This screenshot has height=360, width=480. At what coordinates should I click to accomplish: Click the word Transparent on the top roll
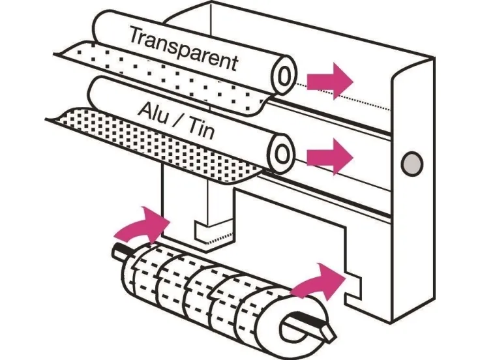coord(183,48)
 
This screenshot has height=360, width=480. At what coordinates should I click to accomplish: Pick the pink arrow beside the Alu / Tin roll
coord(329,157)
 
